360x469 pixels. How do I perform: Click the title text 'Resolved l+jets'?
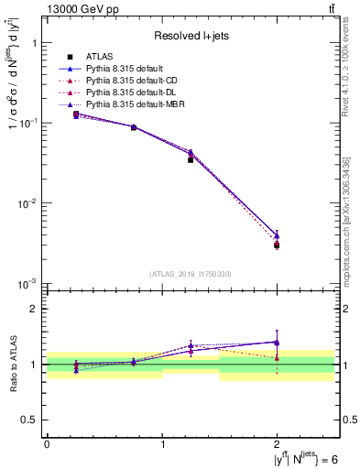point(190,36)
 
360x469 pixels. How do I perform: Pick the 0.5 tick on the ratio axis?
point(32,420)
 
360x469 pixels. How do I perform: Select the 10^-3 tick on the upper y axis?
point(29,283)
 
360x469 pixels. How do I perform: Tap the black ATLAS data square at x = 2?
point(277,245)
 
